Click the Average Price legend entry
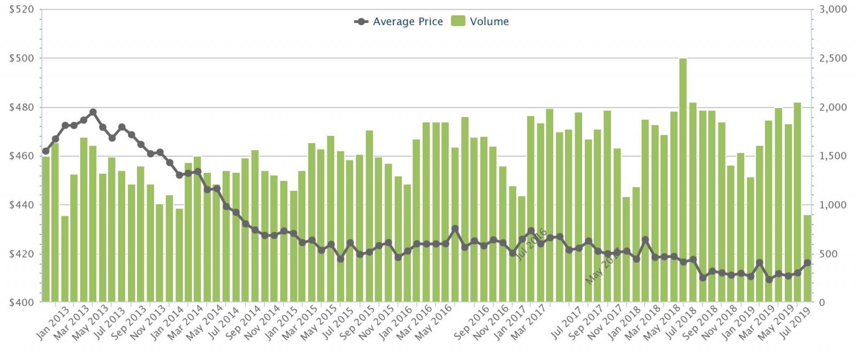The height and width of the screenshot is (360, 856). coord(399,21)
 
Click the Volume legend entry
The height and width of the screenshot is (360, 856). coord(480,21)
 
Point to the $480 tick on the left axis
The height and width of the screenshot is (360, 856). coord(21,107)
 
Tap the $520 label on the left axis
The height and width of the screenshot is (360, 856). coord(21,10)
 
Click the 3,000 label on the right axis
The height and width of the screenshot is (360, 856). coord(833,10)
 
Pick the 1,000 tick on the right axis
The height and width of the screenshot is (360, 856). coord(833,205)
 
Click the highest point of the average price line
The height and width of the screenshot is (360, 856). coord(93,112)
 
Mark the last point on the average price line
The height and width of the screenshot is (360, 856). coord(807,263)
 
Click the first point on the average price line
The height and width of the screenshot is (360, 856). coord(45,151)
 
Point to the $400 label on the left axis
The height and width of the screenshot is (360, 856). coord(21,302)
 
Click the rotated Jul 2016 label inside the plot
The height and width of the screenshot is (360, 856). coord(531,244)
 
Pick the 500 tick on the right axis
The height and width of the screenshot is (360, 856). coord(830,254)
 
